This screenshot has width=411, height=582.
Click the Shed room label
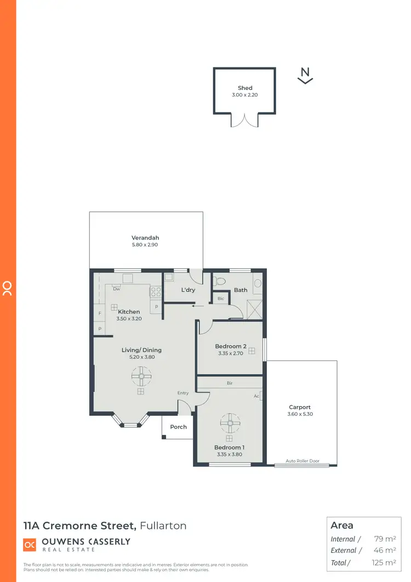point(245,88)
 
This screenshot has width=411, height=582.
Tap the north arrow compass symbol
point(305,75)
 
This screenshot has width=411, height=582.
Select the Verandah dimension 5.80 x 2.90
point(145,245)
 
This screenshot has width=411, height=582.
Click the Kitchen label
point(129,312)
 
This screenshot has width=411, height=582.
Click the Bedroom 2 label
point(231,346)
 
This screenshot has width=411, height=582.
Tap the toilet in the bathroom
point(221,281)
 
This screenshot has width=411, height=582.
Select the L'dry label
point(188,290)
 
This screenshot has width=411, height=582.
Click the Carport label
point(300,407)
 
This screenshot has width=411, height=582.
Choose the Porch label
point(179,427)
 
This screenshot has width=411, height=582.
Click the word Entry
point(183,393)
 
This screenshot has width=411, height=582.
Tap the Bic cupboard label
point(221,298)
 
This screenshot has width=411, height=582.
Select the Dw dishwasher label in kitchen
point(117,289)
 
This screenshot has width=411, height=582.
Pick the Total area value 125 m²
point(383,562)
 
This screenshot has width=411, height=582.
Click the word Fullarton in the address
point(163,526)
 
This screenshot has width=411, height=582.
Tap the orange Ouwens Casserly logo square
point(30,545)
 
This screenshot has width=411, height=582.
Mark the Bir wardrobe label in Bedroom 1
point(230,383)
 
